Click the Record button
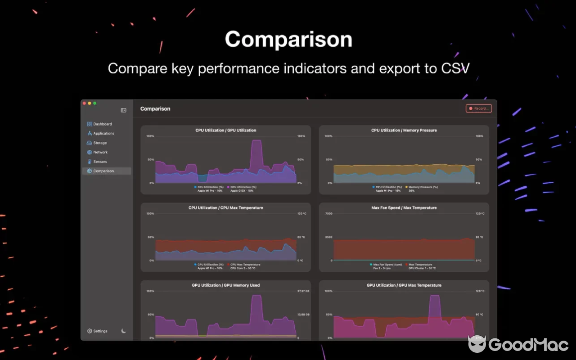478,108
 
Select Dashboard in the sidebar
102,124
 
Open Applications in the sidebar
103,134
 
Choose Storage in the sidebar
100,143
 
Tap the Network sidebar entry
100,153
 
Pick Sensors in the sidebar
100,162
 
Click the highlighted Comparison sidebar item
103,171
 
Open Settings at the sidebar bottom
99,331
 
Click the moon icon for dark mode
124,331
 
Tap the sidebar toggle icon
123,110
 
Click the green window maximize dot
95,103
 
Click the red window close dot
84,103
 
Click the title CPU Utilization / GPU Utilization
225,130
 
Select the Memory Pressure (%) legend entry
423,187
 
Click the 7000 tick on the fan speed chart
328,214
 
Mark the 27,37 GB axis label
303,291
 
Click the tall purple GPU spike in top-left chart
256,153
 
